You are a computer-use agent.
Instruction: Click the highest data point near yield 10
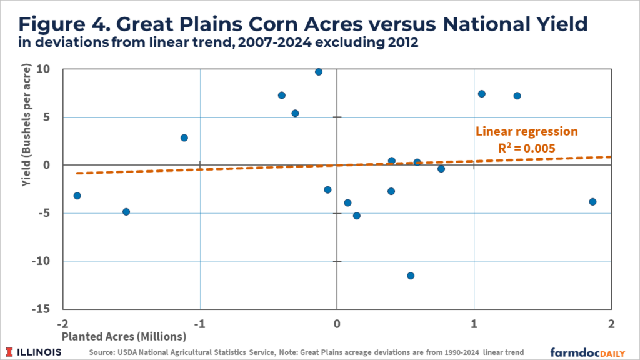(x=319, y=72)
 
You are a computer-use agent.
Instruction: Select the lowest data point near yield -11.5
(x=411, y=276)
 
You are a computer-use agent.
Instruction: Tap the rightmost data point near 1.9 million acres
(x=592, y=201)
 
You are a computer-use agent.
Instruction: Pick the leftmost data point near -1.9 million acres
(x=77, y=196)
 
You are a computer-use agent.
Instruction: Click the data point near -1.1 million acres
(x=184, y=137)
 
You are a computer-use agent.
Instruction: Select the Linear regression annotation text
(x=527, y=132)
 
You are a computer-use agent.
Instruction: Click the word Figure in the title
(x=51, y=24)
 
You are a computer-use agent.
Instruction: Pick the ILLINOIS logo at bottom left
(x=35, y=351)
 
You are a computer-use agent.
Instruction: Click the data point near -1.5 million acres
(x=126, y=212)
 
